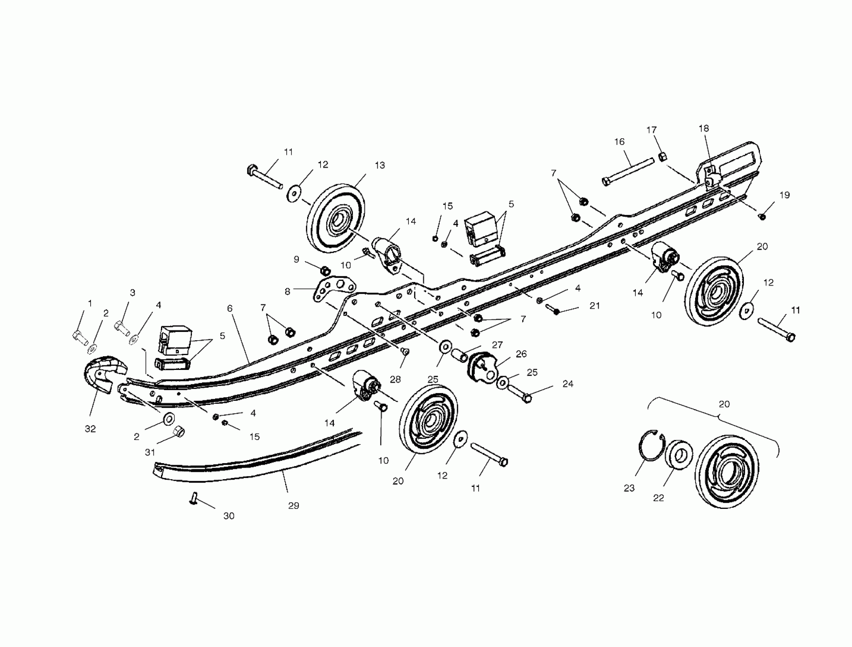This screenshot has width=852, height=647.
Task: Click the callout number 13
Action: point(380,165)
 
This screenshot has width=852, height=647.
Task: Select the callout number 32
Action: point(90,429)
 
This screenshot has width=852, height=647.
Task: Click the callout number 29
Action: point(294,506)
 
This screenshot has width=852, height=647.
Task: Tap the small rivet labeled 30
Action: point(194,499)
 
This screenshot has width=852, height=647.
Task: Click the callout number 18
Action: point(703,128)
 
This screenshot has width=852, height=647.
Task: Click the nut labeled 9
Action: point(325,270)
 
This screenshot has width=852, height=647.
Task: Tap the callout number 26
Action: point(521,354)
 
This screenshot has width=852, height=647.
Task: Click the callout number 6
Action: point(230,308)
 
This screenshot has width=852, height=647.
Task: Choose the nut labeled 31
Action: point(179,432)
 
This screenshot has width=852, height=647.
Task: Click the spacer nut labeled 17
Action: point(662,157)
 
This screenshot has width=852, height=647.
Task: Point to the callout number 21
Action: point(595,305)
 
